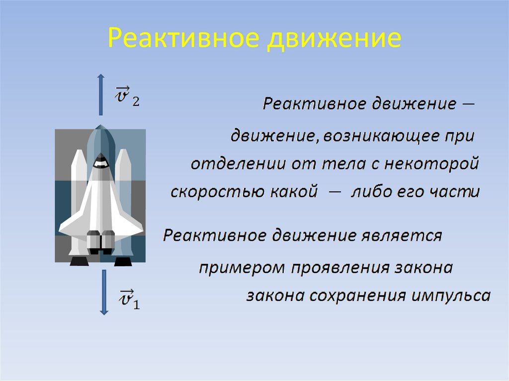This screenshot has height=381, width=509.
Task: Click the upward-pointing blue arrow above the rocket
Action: (100, 95)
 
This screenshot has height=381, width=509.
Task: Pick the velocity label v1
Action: (128, 300)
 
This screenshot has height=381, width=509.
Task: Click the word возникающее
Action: (380, 136)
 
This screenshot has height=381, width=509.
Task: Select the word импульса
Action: (451, 296)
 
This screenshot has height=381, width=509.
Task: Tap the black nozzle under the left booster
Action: (79, 261)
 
